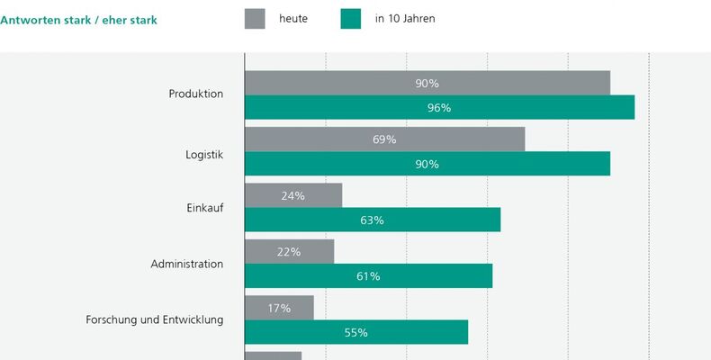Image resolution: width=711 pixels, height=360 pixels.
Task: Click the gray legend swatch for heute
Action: (256, 19)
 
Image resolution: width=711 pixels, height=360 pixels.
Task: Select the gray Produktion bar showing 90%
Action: (427, 83)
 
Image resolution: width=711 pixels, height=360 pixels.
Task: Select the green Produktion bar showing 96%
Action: (439, 108)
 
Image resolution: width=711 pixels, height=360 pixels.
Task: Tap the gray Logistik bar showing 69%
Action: (384, 139)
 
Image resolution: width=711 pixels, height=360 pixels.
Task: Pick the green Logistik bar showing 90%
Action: (427, 164)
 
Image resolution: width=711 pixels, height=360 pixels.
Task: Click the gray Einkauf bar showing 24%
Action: (293, 195)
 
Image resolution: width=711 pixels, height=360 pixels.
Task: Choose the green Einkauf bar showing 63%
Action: (373, 220)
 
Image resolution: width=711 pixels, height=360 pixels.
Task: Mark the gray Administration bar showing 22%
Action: (289, 252)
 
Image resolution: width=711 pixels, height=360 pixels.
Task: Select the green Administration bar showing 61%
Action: (368, 276)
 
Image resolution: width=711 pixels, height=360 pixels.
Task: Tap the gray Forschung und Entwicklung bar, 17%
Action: (279, 308)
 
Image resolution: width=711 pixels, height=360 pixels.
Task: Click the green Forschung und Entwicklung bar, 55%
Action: (356, 332)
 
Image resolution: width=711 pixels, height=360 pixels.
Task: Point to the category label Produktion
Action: (195, 94)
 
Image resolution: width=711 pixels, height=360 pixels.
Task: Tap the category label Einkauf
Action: (203, 208)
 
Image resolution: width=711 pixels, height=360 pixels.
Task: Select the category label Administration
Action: (186, 265)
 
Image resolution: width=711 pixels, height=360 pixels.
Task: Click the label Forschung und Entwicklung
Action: (154, 320)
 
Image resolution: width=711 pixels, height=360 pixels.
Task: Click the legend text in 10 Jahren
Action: (405, 19)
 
